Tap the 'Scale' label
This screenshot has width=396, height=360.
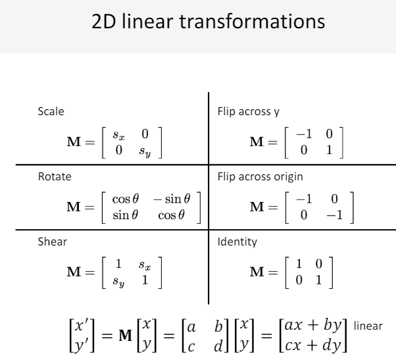click(x=50, y=112)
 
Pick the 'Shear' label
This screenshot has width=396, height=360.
click(x=51, y=242)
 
